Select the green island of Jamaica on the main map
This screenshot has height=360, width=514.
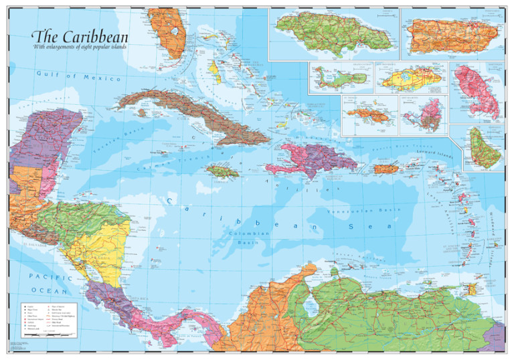click(x=222, y=172)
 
